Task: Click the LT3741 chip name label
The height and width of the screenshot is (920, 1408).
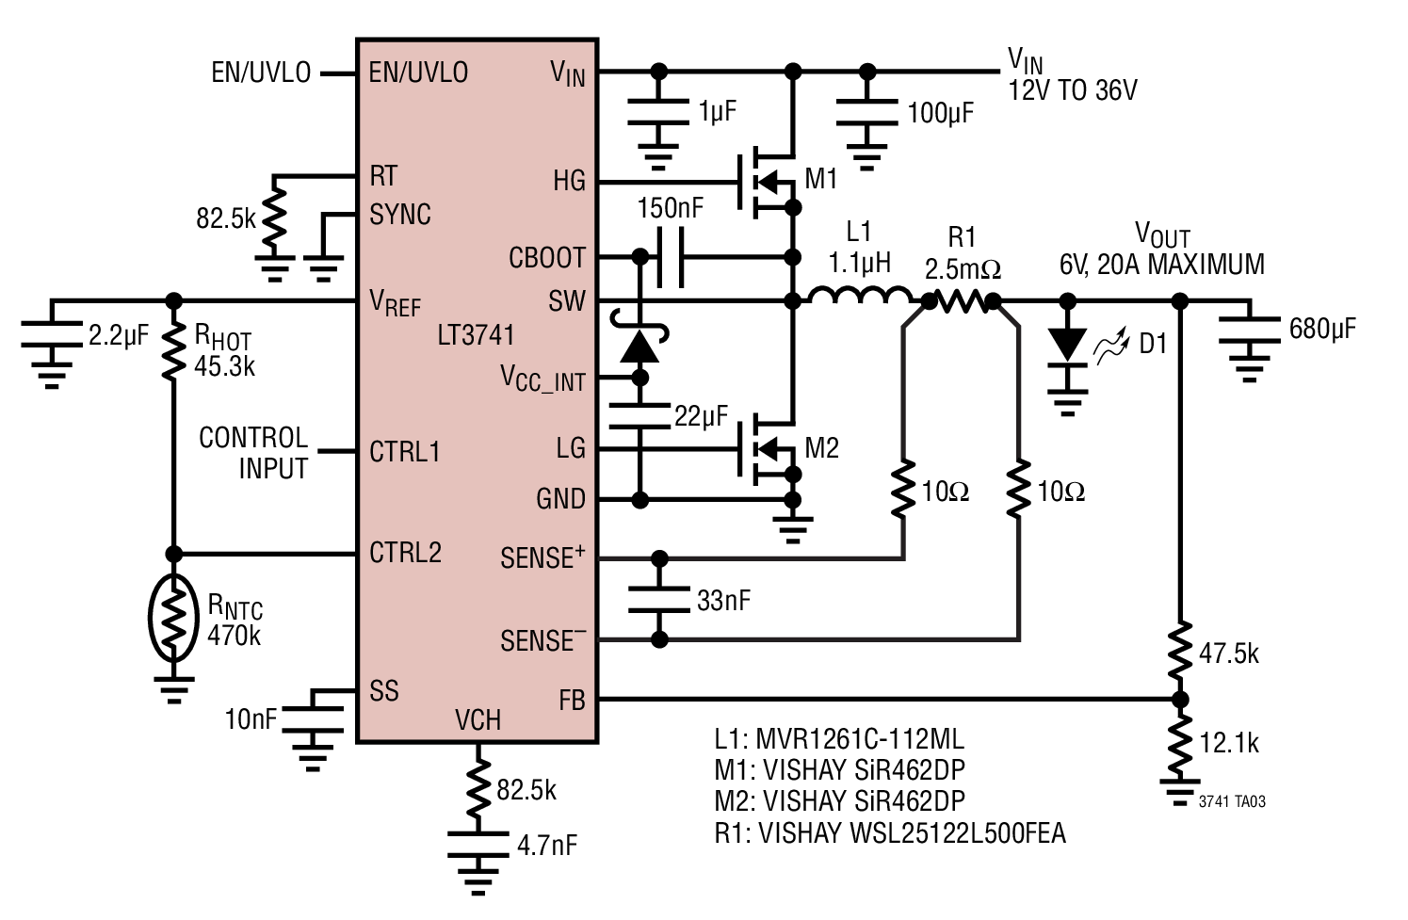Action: pyautogui.click(x=477, y=335)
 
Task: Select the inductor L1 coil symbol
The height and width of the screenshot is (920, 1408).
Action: pyautogui.click(x=861, y=296)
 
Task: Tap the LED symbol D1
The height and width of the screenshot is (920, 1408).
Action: pyautogui.click(x=1067, y=347)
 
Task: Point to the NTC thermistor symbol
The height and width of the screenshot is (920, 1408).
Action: pyautogui.click(x=174, y=617)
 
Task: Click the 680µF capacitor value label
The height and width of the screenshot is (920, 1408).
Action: pyautogui.click(x=1322, y=329)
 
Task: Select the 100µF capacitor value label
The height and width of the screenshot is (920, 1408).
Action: pyautogui.click(x=941, y=113)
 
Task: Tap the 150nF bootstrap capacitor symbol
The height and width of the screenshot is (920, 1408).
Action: pyautogui.click(x=670, y=257)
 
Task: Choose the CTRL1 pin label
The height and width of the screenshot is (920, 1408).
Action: pyautogui.click(x=405, y=452)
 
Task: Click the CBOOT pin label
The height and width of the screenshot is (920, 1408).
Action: pyautogui.click(x=547, y=258)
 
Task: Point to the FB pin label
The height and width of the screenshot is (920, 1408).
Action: pyautogui.click(x=572, y=700)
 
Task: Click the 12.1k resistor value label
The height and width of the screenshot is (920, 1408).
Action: pyautogui.click(x=1229, y=743)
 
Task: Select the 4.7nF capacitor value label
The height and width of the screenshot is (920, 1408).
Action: pyautogui.click(x=547, y=846)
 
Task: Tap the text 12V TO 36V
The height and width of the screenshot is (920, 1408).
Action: pyautogui.click(x=1073, y=91)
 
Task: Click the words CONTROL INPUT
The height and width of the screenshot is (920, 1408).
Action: pyautogui.click(x=253, y=453)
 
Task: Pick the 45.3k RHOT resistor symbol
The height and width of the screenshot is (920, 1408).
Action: pyautogui.click(x=174, y=351)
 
